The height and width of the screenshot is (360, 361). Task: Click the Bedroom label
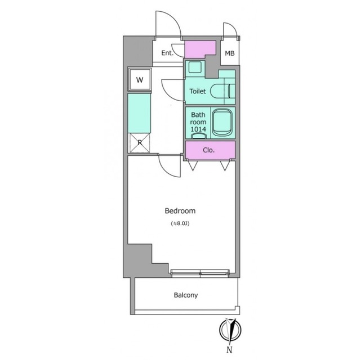tap(180, 211)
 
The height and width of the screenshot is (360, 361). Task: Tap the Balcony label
tap(186, 295)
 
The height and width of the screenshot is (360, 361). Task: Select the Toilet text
tap(198, 91)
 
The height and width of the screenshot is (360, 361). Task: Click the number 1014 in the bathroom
tap(198, 129)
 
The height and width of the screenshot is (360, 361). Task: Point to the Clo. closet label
tap(209, 150)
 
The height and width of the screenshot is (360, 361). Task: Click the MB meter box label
tap(230, 53)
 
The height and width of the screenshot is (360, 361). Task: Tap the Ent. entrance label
tap(167, 53)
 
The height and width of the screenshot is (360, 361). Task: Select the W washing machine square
tap(140, 79)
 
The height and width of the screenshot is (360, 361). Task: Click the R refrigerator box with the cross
tap(140, 143)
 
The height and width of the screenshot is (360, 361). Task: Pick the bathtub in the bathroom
tap(222, 123)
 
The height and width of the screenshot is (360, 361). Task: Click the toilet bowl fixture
tap(223, 91)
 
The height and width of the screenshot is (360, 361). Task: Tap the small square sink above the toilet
tap(195, 67)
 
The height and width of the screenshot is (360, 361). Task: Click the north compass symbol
tap(230, 330)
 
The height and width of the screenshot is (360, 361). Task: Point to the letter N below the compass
tap(229, 350)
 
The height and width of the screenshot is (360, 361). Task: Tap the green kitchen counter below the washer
tap(139, 113)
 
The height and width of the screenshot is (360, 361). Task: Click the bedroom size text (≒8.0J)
tap(180, 223)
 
